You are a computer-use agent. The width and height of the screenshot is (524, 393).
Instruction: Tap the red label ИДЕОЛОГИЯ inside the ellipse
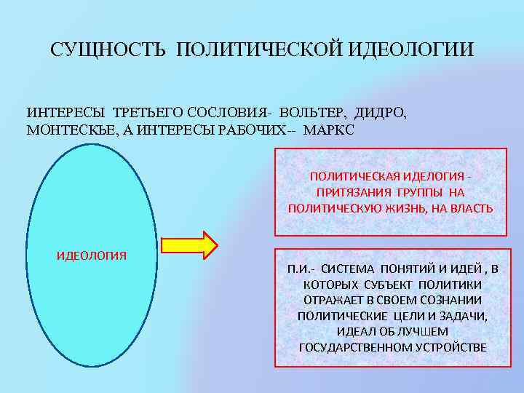92,255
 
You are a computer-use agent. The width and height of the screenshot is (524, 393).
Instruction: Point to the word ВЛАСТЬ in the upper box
475,208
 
